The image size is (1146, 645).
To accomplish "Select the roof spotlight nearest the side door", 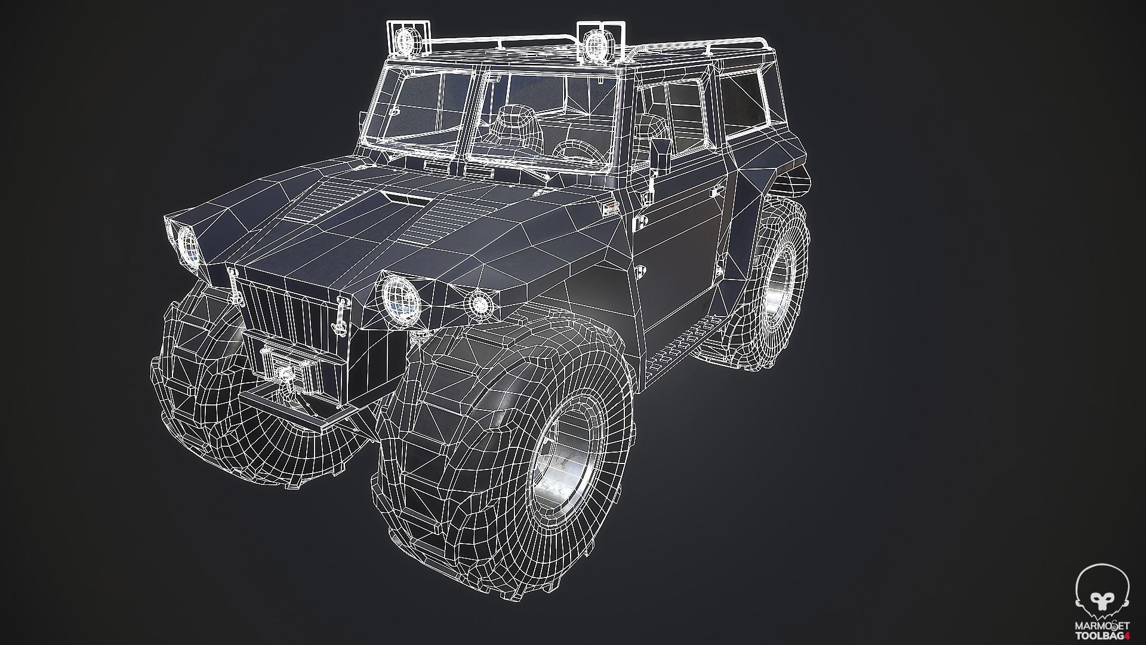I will tap(594, 44).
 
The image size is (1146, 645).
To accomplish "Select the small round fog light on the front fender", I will tap(479, 304).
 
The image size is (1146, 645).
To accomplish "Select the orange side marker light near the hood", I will tap(608, 207).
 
